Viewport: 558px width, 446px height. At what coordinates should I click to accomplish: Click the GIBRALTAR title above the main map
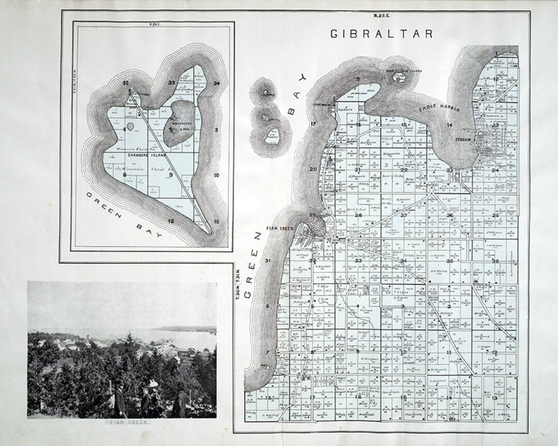pos(381,34)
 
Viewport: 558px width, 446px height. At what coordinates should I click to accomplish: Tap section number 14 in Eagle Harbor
pos(450,125)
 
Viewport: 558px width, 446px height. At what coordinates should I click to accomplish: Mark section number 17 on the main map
pos(313,124)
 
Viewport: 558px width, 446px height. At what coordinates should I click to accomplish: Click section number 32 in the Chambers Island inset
pos(125,83)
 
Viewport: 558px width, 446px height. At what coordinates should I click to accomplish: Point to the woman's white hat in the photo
pos(153,384)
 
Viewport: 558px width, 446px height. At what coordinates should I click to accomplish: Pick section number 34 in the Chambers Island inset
pos(216,83)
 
